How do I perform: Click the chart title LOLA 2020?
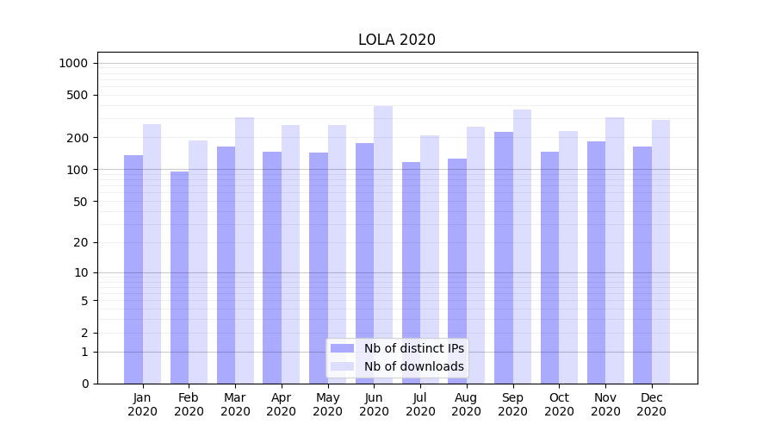click(x=397, y=41)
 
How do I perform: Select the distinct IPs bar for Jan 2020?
click(x=133, y=269)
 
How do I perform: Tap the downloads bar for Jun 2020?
click(x=383, y=245)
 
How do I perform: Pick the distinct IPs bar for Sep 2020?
click(x=504, y=258)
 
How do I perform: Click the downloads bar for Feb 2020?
click(x=198, y=262)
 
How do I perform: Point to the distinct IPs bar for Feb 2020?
click(x=179, y=278)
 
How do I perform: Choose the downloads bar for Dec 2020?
click(x=661, y=252)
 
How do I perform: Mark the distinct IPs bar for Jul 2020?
click(x=411, y=272)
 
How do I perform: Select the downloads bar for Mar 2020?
click(x=245, y=250)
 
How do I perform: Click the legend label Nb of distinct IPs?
click(x=414, y=348)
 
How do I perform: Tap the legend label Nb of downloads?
click(x=414, y=366)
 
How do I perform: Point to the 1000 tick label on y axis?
click(x=73, y=63)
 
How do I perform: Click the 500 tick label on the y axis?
click(x=77, y=95)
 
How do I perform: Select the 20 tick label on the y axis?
click(x=81, y=242)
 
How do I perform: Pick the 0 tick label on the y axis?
click(x=84, y=384)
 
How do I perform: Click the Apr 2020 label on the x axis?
click(x=282, y=404)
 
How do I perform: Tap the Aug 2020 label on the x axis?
click(x=467, y=404)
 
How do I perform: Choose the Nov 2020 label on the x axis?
click(x=605, y=404)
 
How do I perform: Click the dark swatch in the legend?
click(x=343, y=348)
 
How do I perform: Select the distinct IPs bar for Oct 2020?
click(x=549, y=267)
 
